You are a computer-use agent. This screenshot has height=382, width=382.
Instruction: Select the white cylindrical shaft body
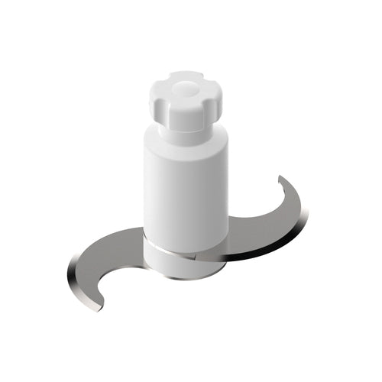(186, 191)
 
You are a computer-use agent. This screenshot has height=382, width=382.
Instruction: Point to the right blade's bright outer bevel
(294, 229)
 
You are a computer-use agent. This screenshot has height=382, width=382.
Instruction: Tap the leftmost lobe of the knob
(154, 99)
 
